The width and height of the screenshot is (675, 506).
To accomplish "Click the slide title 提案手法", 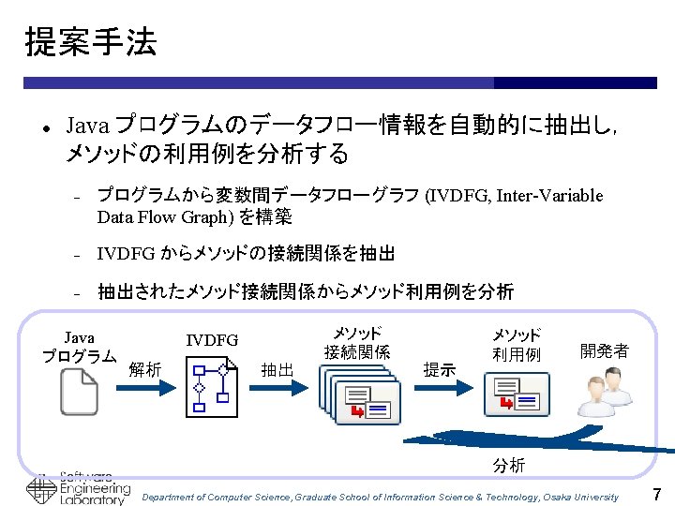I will click(x=91, y=42).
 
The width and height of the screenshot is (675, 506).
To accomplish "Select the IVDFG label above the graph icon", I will click(x=212, y=340).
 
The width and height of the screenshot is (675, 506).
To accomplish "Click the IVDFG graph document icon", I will click(x=213, y=389).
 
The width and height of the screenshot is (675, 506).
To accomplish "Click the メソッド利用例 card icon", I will click(x=516, y=394).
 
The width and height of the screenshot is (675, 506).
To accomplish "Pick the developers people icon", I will click(x=603, y=392).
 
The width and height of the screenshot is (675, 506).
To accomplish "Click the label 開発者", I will click(x=605, y=350).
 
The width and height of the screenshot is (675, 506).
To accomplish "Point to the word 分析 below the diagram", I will click(x=509, y=466).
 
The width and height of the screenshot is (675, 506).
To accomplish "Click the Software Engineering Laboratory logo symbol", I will click(x=40, y=490).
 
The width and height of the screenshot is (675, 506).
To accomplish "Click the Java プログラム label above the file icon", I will click(x=79, y=347).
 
